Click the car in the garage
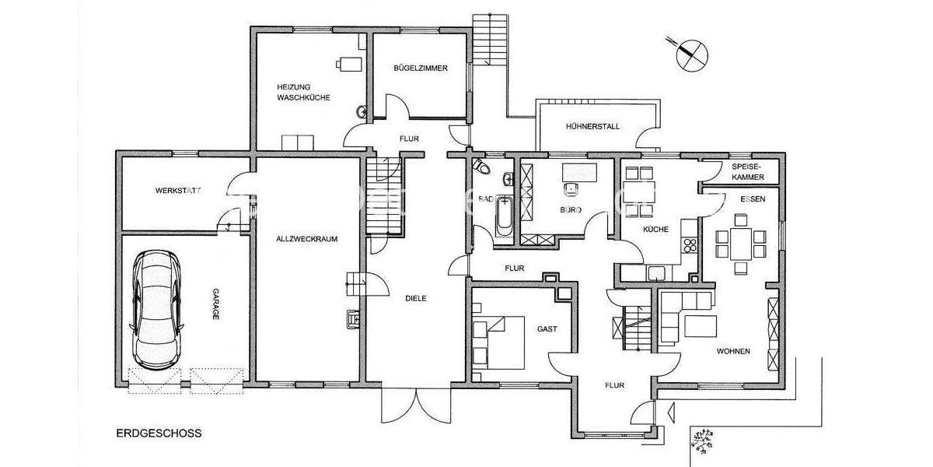[x=158, y=308]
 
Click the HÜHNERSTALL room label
[x=593, y=126]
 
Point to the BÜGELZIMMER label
[x=421, y=68]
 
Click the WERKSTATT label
[x=178, y=190]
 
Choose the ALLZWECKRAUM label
[x=307, y=239]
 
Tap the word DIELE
[x=416, y=297]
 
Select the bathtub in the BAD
[x=503, y=218]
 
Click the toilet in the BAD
[x=481, y=167]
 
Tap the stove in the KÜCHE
[x=689, y=244]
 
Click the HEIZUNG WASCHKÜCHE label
[x=304, y=92]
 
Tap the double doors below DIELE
[x=416, y=406]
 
